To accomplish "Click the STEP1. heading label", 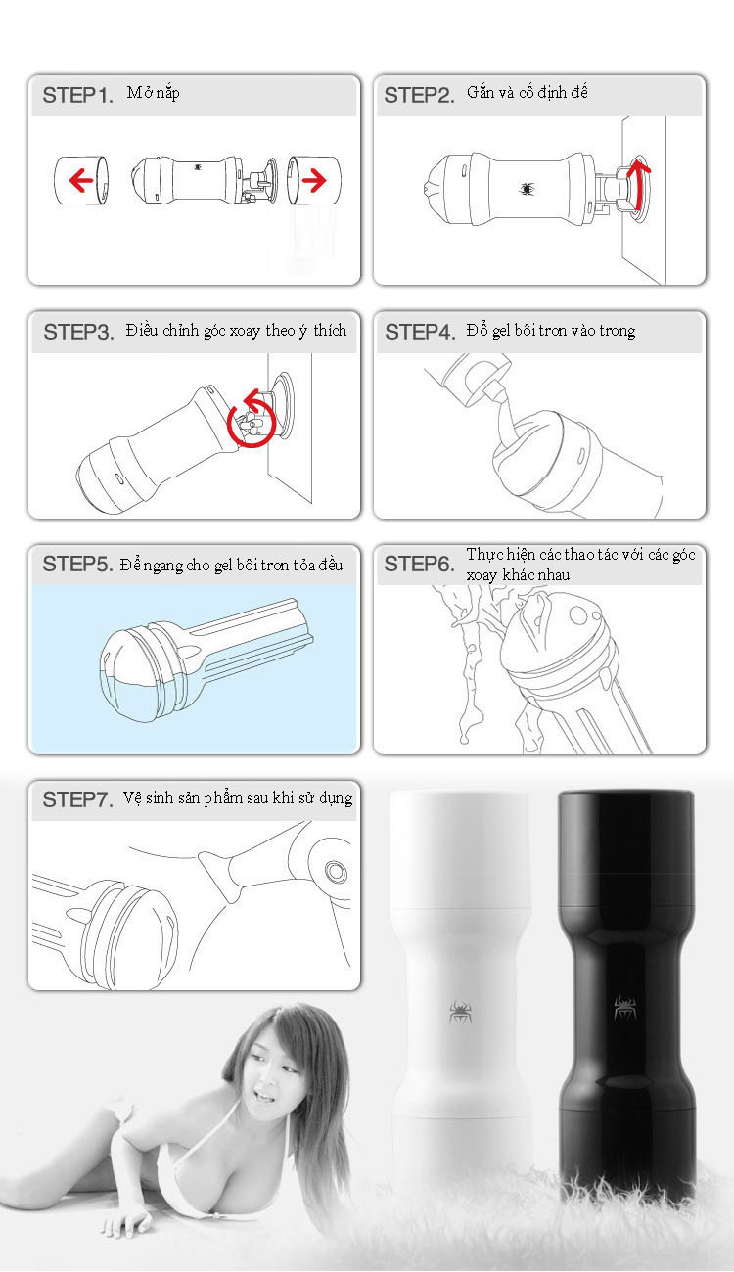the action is [x=78, y=95].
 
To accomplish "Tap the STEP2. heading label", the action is [x=419, y=95].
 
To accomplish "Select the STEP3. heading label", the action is [x=79, y=332].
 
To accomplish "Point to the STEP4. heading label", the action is [x=421, y=332].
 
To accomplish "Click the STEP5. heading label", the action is [x=78, y=564].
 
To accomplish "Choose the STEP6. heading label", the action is [x=419, y=564].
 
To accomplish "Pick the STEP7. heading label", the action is [x=78, y=799].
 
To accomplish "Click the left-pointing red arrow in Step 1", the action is [x=81, y=180].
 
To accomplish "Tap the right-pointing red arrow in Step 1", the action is [x=314, y=180].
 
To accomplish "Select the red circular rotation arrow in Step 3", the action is [x=252, y=418].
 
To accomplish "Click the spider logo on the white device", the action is [x=460, y=1012].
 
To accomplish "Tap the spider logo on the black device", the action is [x=625, y=1007].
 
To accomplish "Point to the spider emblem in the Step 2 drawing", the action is [x=528, y=188].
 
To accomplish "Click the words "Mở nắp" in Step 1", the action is [x=154, y=93].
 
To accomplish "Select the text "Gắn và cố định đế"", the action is [x=528, y=93].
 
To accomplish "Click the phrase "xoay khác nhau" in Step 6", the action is [x=518, y=574].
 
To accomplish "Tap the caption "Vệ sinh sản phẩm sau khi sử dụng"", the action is [x=238, y=797].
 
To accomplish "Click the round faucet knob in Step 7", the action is [x=335, y=871].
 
